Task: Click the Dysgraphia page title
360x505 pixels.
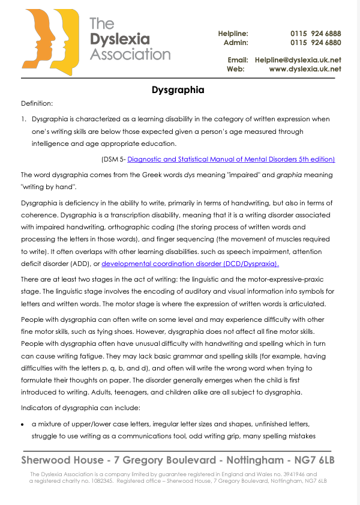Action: point(178,90)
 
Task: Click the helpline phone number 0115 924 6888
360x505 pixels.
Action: point(316,34)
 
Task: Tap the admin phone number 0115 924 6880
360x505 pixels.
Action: point(316,43)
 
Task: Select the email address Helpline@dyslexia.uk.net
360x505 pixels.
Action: point(298,60)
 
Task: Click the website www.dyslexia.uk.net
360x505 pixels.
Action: point(305,69)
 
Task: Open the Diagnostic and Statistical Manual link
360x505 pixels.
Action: point(231,159)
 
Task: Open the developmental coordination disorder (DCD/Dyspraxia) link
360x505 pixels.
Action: point(190,264)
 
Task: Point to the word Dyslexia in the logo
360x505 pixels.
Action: point(119,39)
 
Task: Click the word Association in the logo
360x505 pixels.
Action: point(130,54)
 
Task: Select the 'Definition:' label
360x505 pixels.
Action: point(37,104)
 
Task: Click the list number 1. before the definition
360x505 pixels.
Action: point(24,119)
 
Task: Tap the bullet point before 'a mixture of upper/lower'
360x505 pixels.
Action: point(23,424)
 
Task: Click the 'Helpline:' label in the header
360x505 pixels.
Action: point(233,34)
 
